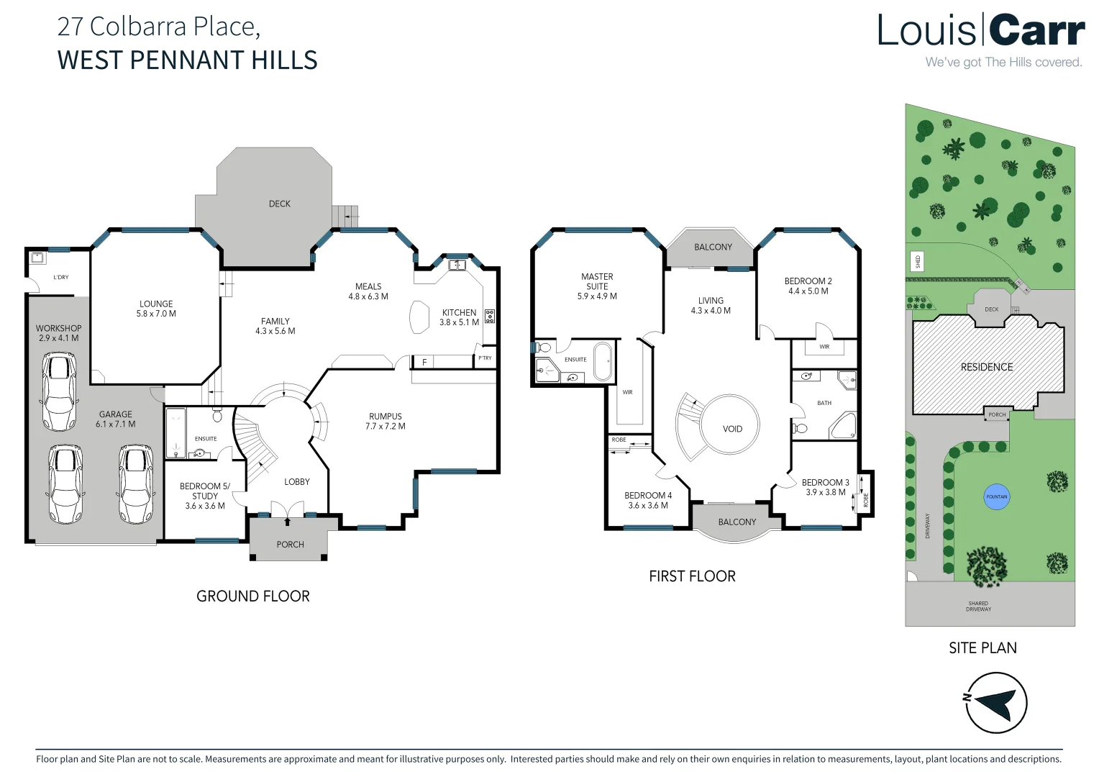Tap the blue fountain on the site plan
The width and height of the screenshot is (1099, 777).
pyautogui.click(x=997, y=496)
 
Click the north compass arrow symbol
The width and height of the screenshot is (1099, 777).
pyautogui.click(x=996, y=702)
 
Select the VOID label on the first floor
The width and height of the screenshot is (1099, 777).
pyautogui.click(x=732, y=429)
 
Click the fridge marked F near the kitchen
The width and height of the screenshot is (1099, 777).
pyautogui.click(x=424, y=362)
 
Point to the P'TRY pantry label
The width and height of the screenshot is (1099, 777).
pyautogui.click(x=485, y=358)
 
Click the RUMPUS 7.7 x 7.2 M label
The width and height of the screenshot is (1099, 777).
pyautogui.click(x=386, y=422)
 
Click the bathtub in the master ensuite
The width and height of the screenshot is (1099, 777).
pyautogui.click(x=602, y=360)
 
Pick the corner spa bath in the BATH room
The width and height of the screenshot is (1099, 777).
pyautogui.click(x=844, y=426)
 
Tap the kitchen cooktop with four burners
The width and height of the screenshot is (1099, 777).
pyautogui.click(x=490, y=316)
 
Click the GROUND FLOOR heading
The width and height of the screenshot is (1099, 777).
pyautogui.click(x=253, y=596)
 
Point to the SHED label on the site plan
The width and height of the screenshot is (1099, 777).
pyautogui.click(x=917, y=261)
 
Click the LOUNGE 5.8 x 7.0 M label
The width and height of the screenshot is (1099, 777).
pyautogui.click(x=156, y=309)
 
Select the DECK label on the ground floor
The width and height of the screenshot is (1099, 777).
pyautogui.click(x=280, y=204)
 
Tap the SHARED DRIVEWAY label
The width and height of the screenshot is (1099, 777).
pyautogui.click(x=978, y=606)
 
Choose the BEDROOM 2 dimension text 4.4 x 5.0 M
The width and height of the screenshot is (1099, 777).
pyautogui.click(x=808, y=291)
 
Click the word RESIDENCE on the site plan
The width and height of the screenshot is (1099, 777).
pyautogui.click(x=987, y=367)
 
